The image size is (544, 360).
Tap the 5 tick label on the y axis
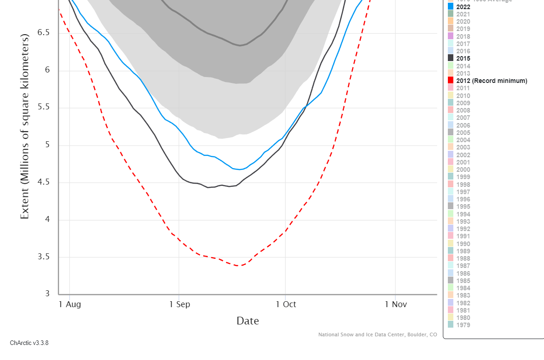tap(46, 145)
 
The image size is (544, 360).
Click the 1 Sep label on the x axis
tap(180, 304)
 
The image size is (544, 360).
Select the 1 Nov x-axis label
tap(395, 304)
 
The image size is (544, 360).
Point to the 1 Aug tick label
tap(70, 304)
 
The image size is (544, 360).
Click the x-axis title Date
tap(247, 321)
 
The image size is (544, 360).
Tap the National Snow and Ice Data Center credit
tap(377, 335)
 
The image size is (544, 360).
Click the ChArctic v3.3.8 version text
tap(29, 343)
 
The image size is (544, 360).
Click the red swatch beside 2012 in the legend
tap(451, 81)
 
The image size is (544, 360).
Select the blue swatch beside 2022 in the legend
tap(451, 7)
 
